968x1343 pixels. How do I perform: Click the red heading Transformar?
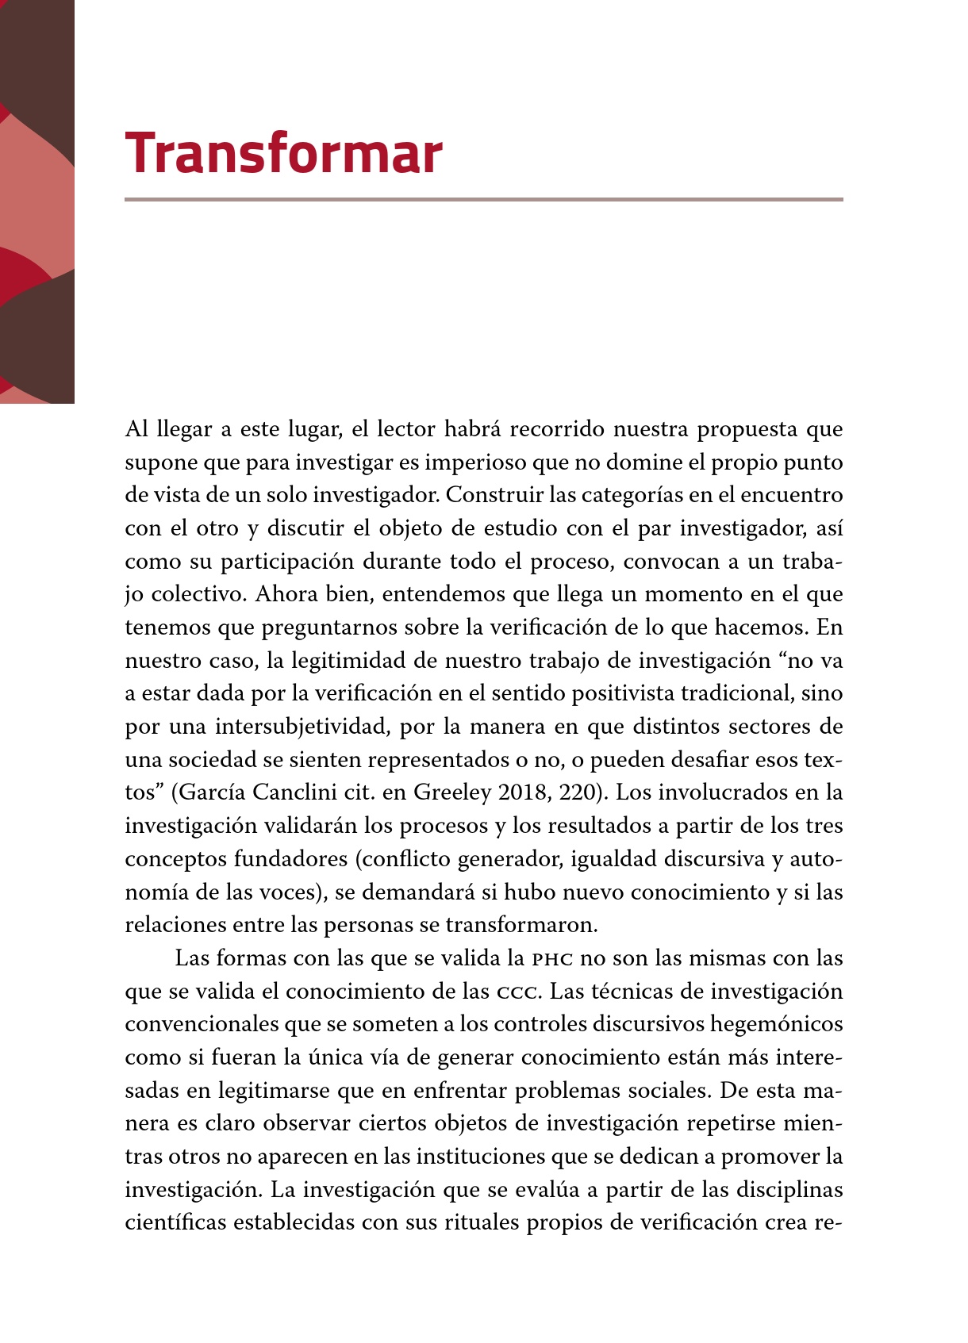[x=283, y=153]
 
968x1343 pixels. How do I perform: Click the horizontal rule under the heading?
[x=483, y=199]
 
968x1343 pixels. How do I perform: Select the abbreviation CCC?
[x=518, y=992]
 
